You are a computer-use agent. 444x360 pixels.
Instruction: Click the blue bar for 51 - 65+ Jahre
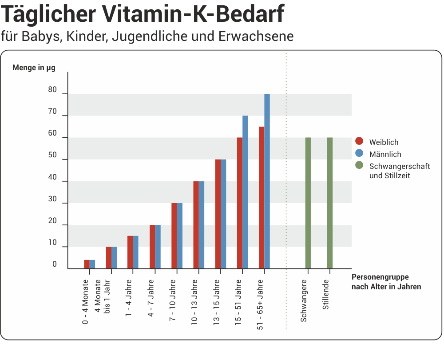click(x=267, y=182)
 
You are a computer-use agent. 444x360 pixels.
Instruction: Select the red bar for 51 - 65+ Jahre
click(x=262, y=198)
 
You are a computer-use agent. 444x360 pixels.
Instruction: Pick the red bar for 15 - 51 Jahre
click(x=240, y=204)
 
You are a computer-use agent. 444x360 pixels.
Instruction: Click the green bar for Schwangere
click(x=308, y=204)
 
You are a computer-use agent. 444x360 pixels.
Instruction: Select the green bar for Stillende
click(x=330, y=204)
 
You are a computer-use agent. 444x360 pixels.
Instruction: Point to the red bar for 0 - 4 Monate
click(x=87, y=264)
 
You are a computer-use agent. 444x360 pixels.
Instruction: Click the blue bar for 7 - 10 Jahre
click(x=180, y=236)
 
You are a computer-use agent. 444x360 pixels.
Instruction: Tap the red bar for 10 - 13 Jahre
click(x=196, y=224)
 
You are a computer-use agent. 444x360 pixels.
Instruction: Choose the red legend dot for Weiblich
click(x=360, y=142)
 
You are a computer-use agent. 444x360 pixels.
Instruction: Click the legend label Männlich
click(x=385, y=154)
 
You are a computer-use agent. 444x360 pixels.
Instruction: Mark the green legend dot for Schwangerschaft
click(x=360, y=165)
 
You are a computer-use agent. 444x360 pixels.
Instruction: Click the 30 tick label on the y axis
click(x=52, y=199)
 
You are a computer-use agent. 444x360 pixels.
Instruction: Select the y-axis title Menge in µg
click(x=34, y=68)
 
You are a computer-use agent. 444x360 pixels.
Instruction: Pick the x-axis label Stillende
click(x=326, y=294)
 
